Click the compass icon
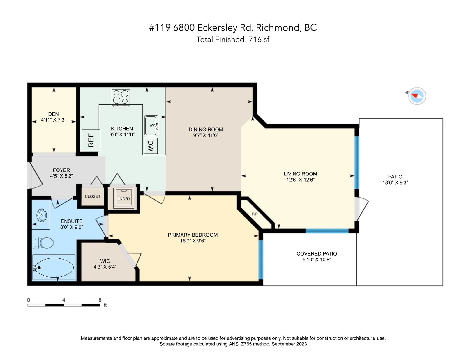coord(417,96)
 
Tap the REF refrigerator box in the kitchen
coord(91,140)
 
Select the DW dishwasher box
coord(151,146)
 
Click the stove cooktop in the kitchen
coord(121,97)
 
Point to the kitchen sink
coord(151,126)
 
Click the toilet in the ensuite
coord(43,243)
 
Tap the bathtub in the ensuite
coord(54,267)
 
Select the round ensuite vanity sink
coord(42,215)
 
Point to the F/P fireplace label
coord(255,214)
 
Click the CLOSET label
coord(92,196)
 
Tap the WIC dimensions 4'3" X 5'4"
coord(105,267)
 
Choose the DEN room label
coord(53,114)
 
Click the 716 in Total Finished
coord(255,39)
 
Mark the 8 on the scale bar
coord(100,300)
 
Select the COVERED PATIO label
coord(317,254)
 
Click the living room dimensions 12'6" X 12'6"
coord(300,180)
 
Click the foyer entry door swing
coord(35,175)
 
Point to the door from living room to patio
coord(361,209)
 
